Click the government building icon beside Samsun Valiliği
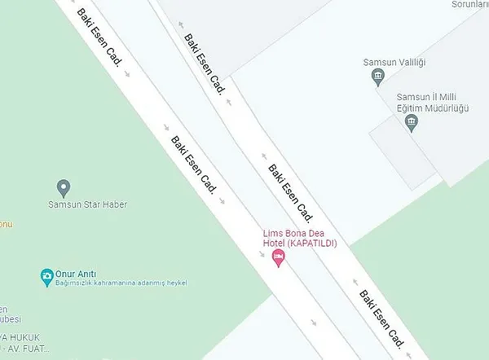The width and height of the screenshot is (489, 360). click(x=377, y=77)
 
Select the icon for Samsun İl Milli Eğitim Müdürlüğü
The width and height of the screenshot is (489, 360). click(x=412, y=123)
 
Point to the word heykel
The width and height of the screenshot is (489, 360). click(x=176, y=283)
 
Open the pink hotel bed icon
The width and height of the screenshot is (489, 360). click(x=278, y=257)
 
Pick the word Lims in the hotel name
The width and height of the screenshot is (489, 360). click(x=271, y=234)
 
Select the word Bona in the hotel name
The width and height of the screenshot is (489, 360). click(x=293, y=234)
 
